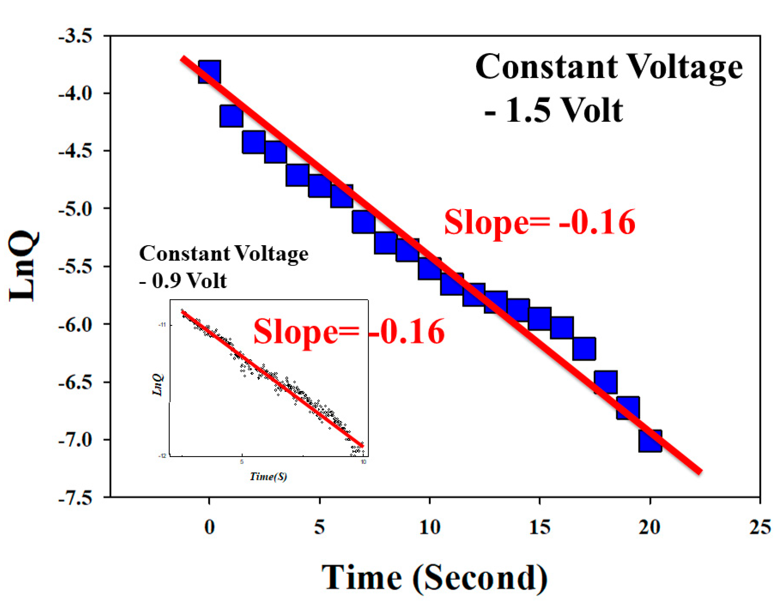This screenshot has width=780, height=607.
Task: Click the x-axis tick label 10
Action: [x=430, y=527]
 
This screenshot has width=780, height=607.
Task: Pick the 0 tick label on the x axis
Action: [x=209, y=527]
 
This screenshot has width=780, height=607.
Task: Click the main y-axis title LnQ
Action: [x=24, y=266]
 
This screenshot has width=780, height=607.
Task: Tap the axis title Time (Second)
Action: [x=434, y=577]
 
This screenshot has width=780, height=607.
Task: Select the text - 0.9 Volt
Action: [x=182, y=281]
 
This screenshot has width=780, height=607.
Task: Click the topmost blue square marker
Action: [x=209, y=72]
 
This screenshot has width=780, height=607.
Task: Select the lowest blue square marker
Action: [x=650, y=441]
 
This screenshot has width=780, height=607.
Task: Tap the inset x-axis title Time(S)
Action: [x=268, y=476]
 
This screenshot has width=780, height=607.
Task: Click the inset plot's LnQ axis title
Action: [x=158, y=384]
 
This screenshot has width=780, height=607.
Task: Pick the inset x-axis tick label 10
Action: [x=363, y=462]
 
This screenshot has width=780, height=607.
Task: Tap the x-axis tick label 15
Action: [x=539, y=527]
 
